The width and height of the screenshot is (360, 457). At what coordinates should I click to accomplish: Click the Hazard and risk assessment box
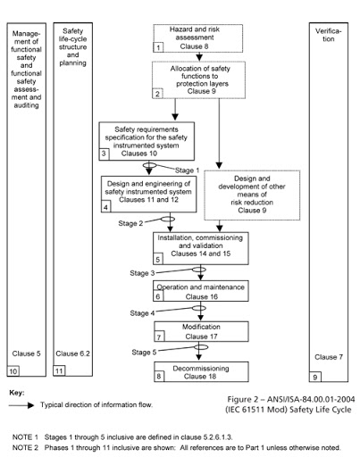tap(197, 38)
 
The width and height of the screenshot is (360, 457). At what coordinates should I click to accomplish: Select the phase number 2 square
tap(157, 94)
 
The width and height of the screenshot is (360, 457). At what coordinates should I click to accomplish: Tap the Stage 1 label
tap(187, 170)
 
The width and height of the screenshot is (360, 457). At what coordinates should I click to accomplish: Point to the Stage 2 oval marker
tap(168, 220)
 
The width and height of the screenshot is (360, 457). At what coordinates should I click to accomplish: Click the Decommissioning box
tap(201, 371)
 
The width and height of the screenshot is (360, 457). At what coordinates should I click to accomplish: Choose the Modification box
tap(201, 331)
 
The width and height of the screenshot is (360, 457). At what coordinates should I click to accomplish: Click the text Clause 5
tap(26, 353)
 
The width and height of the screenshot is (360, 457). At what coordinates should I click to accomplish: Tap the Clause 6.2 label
tap(72, 353)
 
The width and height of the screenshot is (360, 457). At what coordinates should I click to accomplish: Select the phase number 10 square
tap(13, 371)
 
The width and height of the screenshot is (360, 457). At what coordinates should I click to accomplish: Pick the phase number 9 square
tap(315, 377)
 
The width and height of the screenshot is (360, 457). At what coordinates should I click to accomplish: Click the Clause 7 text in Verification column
tap(329, 357)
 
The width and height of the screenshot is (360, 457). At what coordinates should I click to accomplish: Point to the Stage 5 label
tap(144, 353)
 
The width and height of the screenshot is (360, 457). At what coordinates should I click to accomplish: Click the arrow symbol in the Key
tap(21, 405)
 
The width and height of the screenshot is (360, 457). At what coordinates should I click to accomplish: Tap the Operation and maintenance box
tap(201, 291)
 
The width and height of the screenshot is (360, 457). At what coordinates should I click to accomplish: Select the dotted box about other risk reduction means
tap(252, 195)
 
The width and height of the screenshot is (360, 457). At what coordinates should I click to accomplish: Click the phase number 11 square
tap(59, 370)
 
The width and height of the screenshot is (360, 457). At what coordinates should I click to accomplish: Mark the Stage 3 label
tap(142, 273)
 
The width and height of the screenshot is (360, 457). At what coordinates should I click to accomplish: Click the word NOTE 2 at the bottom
tap(25, 447)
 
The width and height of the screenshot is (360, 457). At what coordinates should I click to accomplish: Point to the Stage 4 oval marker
tap(199, 308)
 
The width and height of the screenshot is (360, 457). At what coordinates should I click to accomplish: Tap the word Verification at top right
tap(329, 35)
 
